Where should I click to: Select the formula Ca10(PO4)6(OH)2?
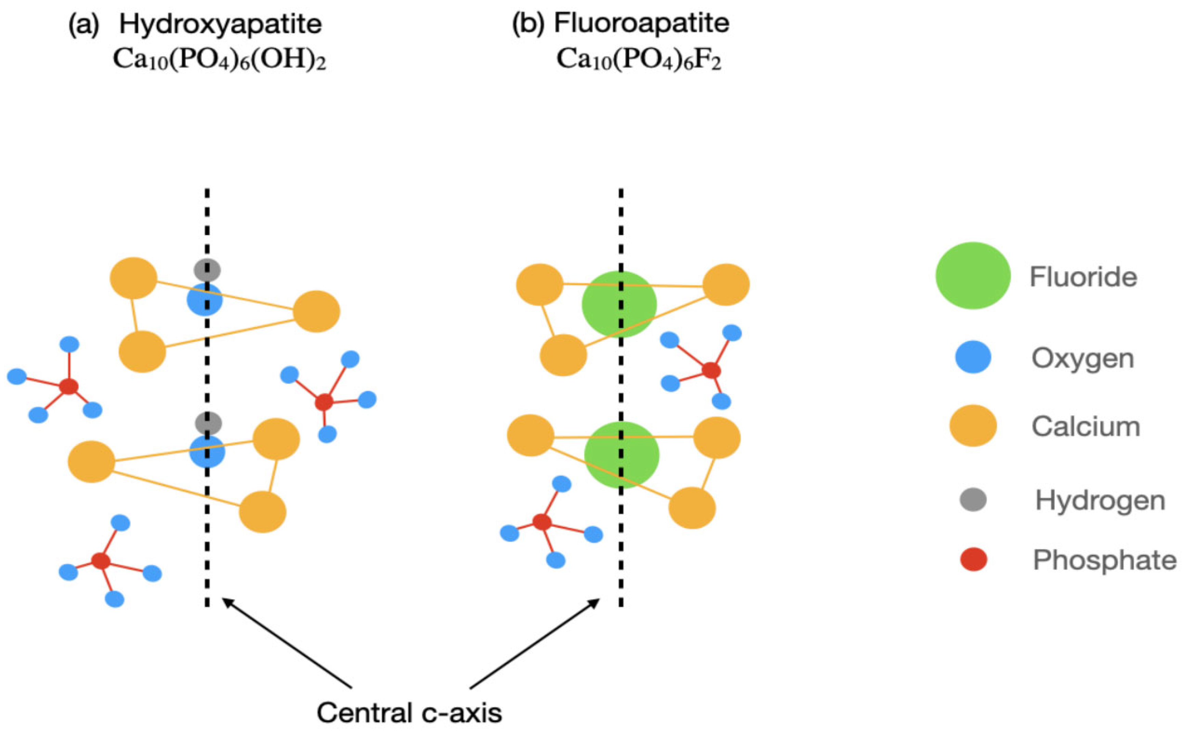[x=219, y=61]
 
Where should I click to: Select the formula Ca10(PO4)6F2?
[x=639, y=61]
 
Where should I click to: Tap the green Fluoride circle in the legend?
[x=973, y=275]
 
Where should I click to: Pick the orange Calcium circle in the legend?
[x=973, y=426]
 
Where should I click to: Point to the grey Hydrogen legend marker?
[x=973, y=500]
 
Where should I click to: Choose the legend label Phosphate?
[x=1105, y=560]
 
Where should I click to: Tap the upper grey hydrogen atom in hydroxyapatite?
[x=207, y=270]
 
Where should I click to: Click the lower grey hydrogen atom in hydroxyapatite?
[x=208, y=423]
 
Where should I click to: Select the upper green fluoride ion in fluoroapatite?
[x=619, y=304]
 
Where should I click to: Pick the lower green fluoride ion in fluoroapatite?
[x=622, y=455]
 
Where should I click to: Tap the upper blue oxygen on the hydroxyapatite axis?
[x=205, y=300]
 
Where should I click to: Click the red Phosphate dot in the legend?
[x=973, y=559]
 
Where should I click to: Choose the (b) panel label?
[x=528, y=24]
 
